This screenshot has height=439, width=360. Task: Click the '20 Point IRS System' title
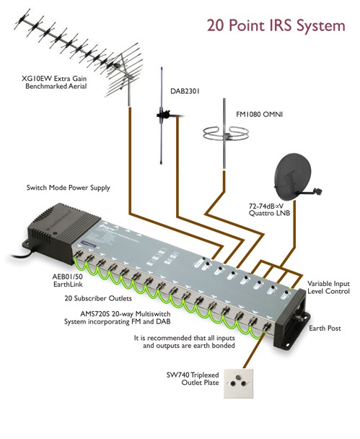tap(276, 26)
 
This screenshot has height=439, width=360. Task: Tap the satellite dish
tap(293, 177)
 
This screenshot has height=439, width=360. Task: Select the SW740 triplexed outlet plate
tap(238, 383)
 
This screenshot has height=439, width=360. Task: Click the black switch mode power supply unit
tap(63, 229)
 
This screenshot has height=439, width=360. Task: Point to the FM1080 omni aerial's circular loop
tap(226, 134)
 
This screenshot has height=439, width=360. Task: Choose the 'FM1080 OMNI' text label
tap(259, 114)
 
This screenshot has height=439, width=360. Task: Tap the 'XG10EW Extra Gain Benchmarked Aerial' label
tap(54, 82)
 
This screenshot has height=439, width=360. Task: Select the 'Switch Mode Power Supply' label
tap(69, 188)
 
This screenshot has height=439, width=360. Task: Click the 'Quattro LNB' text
tap(269, 213)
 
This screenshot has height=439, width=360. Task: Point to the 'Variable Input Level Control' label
tap(329, 287)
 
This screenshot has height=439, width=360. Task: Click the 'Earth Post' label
tap(325, 328)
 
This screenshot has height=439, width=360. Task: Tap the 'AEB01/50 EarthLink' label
tap(68, 280)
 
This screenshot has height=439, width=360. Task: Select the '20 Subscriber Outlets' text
tap(98, 298)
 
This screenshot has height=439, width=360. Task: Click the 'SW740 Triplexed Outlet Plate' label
tap(193, 378)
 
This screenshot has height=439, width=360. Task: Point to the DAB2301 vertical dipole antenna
tap(162, 116)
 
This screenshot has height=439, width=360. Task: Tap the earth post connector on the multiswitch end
tap(301, 318)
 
